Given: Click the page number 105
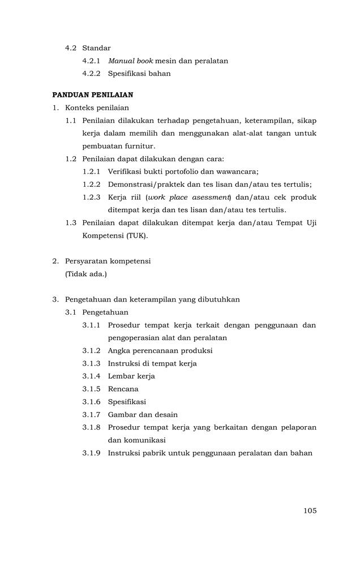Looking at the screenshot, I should (x=310, y=511).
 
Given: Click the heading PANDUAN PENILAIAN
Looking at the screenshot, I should (x=93, y=95).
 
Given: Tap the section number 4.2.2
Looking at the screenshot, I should (x=91, y=74).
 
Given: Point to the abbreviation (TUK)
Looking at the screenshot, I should (x=136, y=235).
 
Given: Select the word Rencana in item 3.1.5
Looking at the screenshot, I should (x=123, y=389).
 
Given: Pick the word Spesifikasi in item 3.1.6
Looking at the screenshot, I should (x=127, y=402).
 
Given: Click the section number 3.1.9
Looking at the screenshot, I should (x=91, y=453).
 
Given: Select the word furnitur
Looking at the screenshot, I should (x=139, y=146).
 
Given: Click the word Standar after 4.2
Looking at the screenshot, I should (x=96, y=48).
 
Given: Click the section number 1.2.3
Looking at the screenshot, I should (x=91, y=197).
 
